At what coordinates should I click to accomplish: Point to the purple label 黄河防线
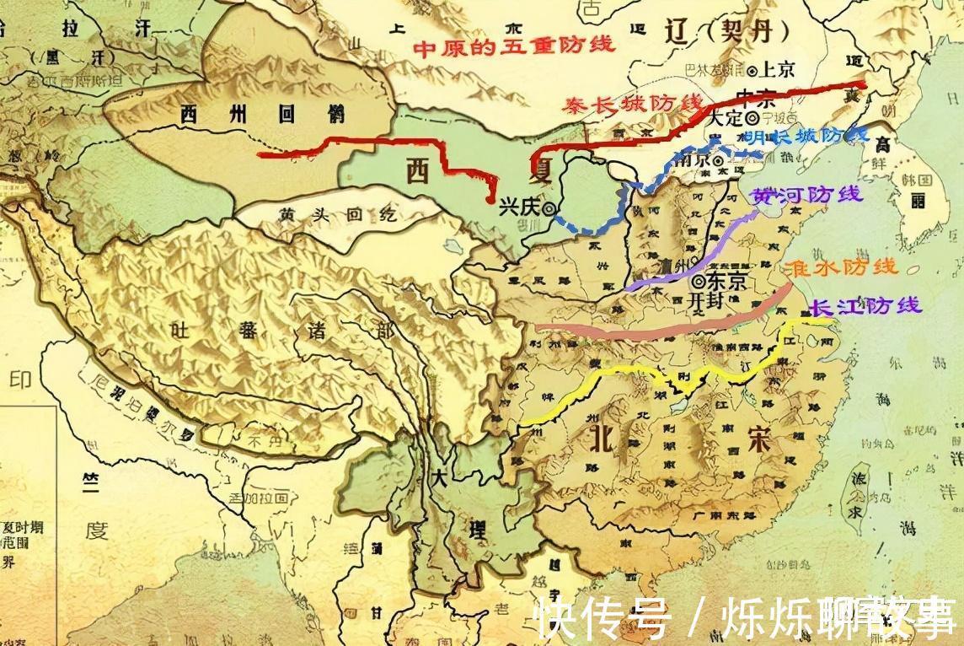[806, 195]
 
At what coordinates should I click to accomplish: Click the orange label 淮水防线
[840, 268]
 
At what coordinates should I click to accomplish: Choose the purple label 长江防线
[865, 307]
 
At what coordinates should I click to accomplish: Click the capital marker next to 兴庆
[549, 207]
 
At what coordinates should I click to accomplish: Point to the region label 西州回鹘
[238, 114]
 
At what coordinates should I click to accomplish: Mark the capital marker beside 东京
[699, 281]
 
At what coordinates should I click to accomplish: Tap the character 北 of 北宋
[602, 436]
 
